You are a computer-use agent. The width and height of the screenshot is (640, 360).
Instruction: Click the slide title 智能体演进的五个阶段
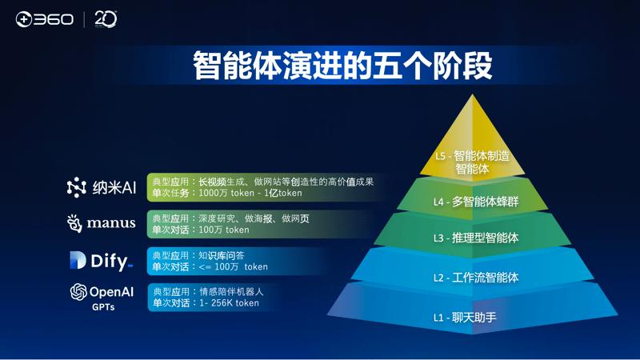click(x=342, y=66)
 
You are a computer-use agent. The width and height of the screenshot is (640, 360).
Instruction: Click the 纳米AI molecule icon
click(x=76, y=187)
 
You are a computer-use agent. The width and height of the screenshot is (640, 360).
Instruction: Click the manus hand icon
click(x=74, y=223)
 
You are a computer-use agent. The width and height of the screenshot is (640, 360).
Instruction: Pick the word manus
click(x=111, y=223)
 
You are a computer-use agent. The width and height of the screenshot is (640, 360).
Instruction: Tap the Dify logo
click(x=101, y=260)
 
